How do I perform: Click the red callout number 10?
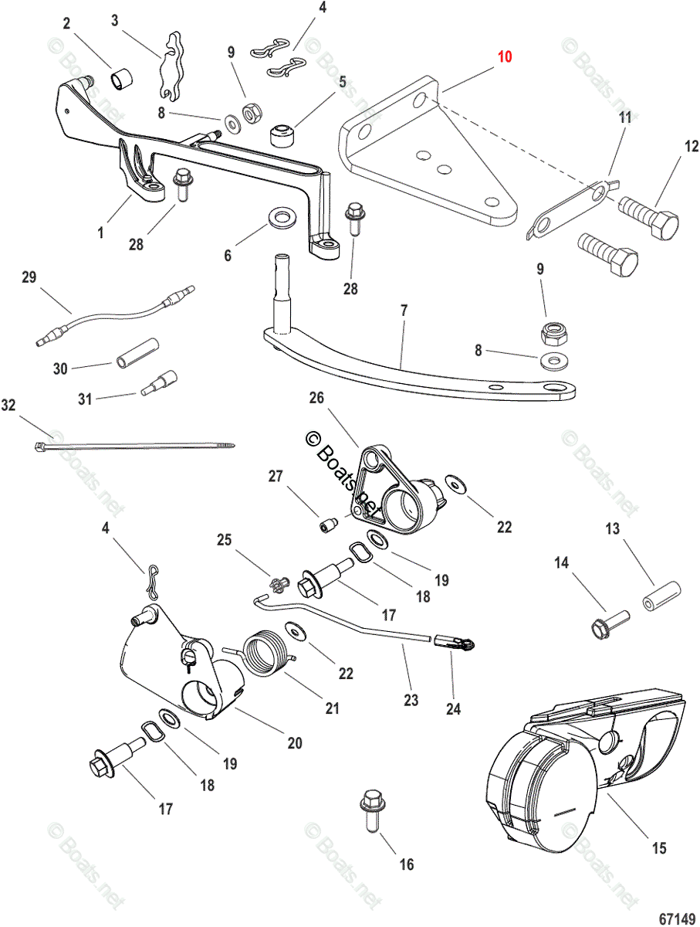pos(504,56)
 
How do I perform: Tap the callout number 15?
pos(658,848)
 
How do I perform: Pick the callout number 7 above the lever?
pos(404,311)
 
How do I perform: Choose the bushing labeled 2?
pos(121,79)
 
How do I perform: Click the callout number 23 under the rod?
pos(411,701)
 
